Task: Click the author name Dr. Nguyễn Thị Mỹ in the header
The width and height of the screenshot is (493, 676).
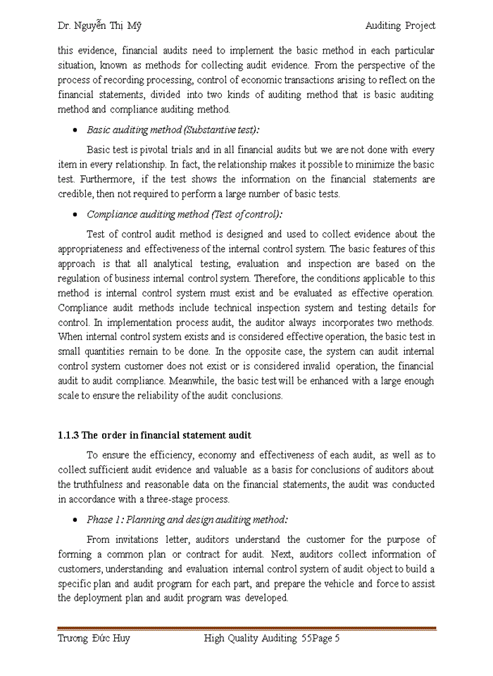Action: [99, 26]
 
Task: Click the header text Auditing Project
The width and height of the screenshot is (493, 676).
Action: [400, 26]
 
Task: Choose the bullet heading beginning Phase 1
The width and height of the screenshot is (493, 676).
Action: [187, 520]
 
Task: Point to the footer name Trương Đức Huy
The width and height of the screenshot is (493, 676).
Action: [94, 639]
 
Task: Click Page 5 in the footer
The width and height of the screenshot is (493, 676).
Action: [327, 639]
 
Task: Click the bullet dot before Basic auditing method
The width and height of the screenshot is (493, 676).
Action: [75, 130]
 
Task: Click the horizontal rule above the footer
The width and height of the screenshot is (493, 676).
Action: [246, 628]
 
